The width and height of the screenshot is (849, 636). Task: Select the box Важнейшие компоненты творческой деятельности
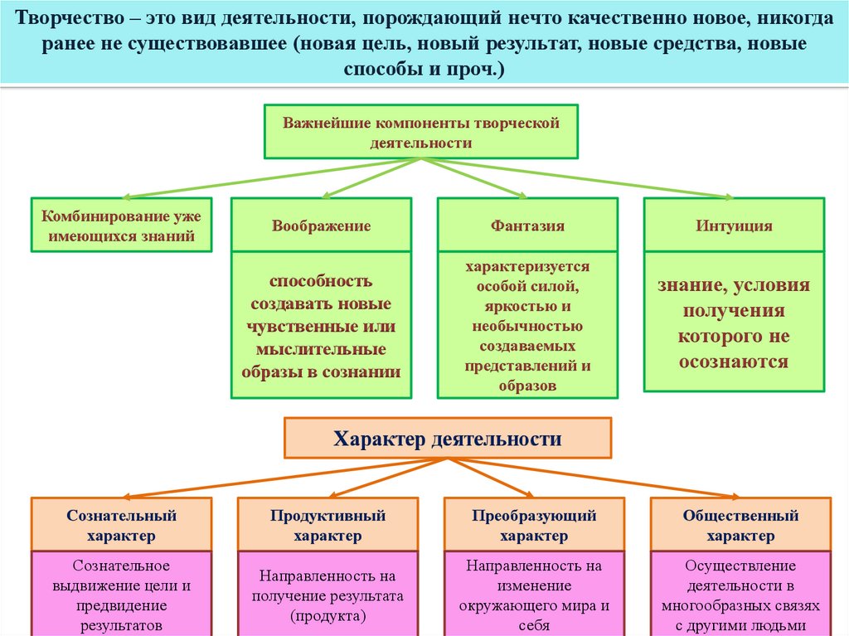click(x=421, y=132)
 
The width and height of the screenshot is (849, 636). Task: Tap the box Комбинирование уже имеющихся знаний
click(x=121, y=226)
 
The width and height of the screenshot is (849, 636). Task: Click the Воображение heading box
click(x=321, y=226)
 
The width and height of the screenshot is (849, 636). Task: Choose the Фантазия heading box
click(x=527, y=226)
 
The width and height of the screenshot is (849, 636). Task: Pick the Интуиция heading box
click(x=734, y=226)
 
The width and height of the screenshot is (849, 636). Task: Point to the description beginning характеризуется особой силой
click(x=527, y=326)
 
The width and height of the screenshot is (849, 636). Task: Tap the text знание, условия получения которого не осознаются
click(x=734, y=323)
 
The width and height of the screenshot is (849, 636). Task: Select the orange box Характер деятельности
click(x=448, y=439)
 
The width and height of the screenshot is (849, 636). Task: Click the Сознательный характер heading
click(x=121, y=526)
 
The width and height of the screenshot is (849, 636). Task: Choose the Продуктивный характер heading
click(x=327, y=526)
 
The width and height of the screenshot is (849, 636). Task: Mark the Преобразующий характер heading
click(x=534, y=526)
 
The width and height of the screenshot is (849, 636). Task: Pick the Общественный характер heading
click(x=740, y=526)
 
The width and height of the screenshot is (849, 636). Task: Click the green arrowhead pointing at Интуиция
click(x=727, y=197)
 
